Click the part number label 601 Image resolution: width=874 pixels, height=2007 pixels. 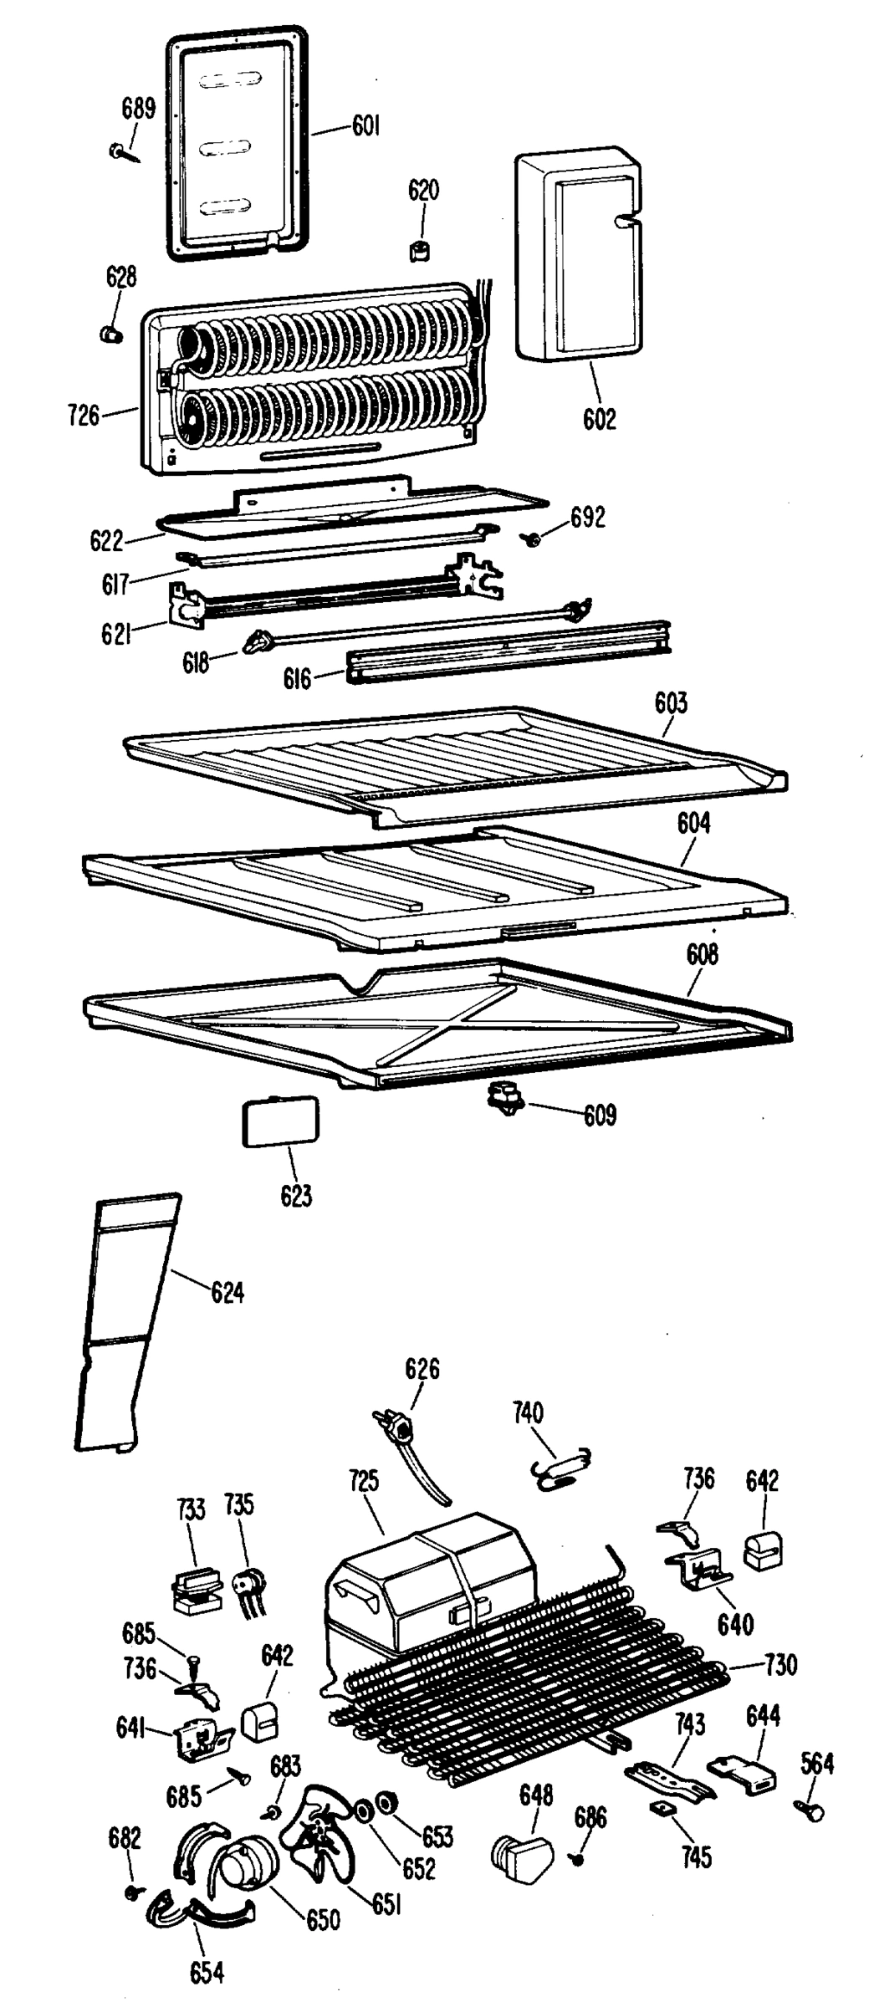[365, 127]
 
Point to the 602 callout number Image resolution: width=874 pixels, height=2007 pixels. [599, 418]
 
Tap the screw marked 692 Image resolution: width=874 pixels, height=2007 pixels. [529, 540]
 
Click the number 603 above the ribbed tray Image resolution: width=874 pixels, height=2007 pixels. [671, 702]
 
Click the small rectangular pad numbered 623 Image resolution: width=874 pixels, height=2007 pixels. [280, 1122]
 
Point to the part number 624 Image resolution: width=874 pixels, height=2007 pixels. [227, 1293]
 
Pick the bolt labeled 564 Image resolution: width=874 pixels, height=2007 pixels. [811, 1810]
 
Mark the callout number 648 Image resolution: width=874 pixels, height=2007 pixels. [536, 1794]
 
